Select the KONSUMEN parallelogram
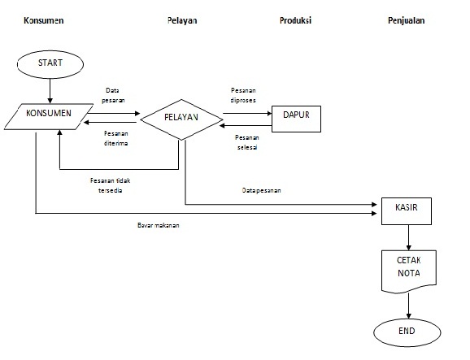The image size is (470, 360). [x=50, y=115]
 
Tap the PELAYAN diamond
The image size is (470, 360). [x=182, y=119]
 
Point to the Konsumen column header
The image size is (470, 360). [x=33, y=19]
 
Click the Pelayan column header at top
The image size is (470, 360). [x=181, y=19]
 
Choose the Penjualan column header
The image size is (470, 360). [x=407, y=19]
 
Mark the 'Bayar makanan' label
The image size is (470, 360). [x=158, y=224]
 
